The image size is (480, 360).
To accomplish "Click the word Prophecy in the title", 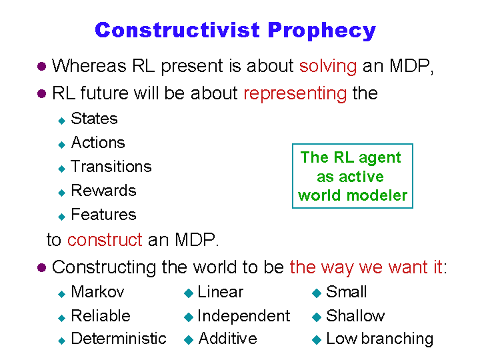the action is click(x=322, y=31).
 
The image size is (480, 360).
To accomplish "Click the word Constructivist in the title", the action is click(x=177, y=30).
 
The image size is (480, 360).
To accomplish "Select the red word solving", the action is click(x=328, y=67).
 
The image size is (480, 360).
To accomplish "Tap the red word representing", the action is click(x=295, y=94).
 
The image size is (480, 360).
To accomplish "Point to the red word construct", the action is click(x=105, y=239).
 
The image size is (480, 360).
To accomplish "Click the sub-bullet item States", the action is click(x=94, y=119).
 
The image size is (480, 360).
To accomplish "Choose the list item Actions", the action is click(x=98, y=143).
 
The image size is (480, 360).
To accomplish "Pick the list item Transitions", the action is click(x=111, y=167).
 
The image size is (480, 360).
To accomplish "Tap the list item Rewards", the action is click(x=103, y=191).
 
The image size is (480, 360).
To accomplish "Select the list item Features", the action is click(x=103, y=214).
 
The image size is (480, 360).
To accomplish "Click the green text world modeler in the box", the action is click(x=353, y=195).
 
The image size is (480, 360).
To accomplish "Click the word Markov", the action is click(x=97, y=292).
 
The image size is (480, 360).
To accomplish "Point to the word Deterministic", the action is click(x=119, y=339).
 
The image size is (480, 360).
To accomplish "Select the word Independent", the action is click(x=244, y=316).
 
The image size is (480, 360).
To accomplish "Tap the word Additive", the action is click(x=227, y=339).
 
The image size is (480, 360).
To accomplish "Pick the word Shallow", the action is click(x=355, y=315).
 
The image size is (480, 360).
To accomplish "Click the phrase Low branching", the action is click(x=380, y=339).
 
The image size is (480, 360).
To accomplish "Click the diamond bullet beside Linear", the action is click(x=189, y=293).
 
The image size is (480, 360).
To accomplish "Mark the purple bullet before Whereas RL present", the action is click(x=41, y=67).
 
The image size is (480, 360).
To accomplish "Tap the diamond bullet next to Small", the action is click(x=317, y=293).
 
